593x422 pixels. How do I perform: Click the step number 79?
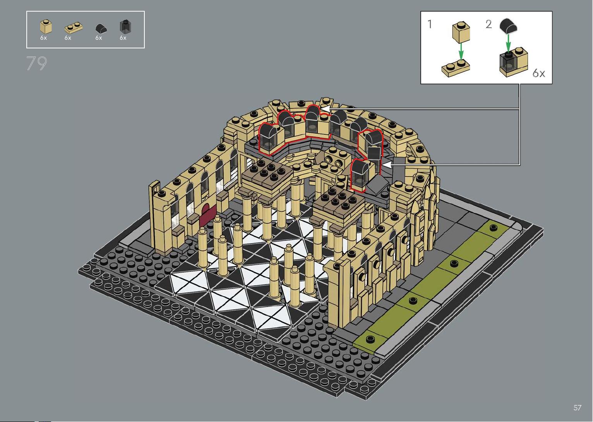pyautogui.click(x=36, y=63)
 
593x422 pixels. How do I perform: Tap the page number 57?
pyautogui.click(x=578, y=407)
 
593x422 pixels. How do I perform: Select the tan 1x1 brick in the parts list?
pyautogui.click(x=46, y=27)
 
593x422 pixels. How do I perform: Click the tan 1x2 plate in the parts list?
pyautogui.click(x=73, y=27)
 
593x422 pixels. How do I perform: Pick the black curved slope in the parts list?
pyautogui.click(x=101, y=28)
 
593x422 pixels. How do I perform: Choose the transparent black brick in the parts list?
pyautogui.click(x=125, y=26)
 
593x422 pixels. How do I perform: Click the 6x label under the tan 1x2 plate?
pyautogui.click(x=68, y=38)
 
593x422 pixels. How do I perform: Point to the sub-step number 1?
pyautogui.click(x=430, y=24)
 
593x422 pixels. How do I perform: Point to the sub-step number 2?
pyautogui.click(x=489, y=24)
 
